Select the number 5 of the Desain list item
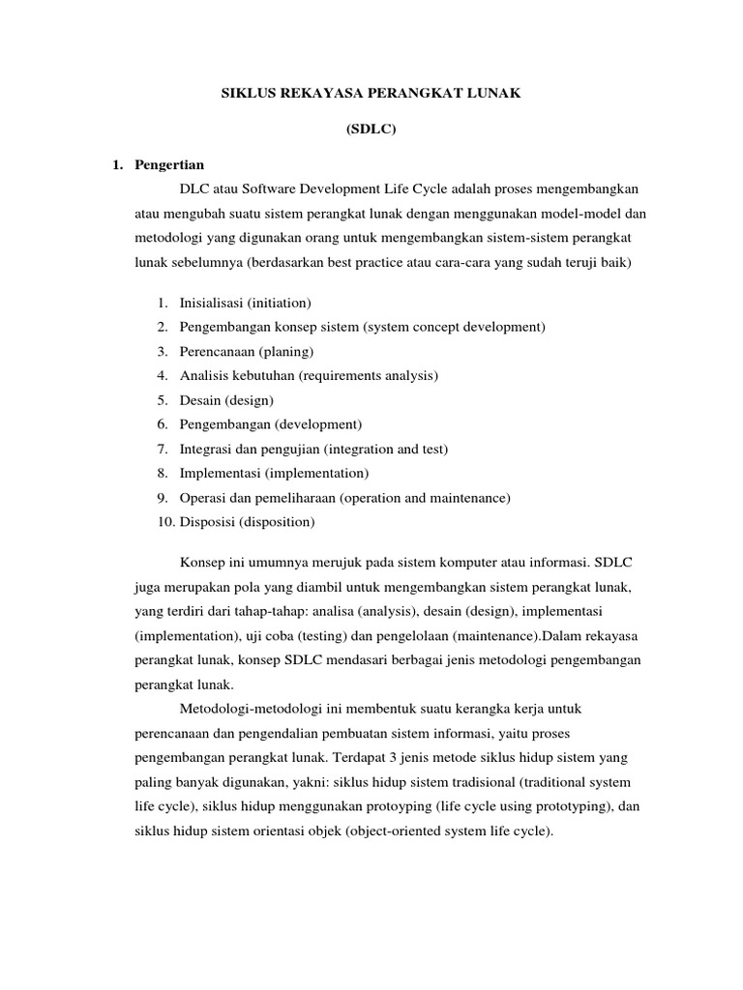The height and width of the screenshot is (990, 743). [161, 400]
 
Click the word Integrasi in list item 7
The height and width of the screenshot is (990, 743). [206, 450]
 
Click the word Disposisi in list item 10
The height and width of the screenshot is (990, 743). [209, 523]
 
